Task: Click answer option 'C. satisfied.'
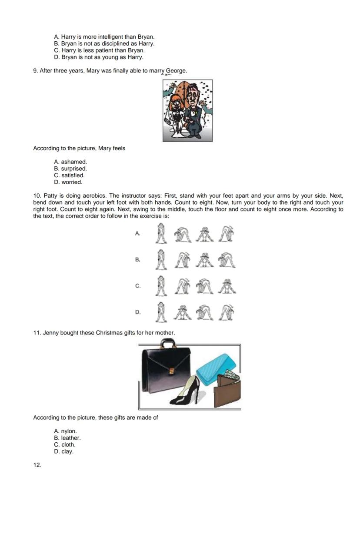[69, 176]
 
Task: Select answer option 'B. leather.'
[67, 438]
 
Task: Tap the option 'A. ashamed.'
[70, 162]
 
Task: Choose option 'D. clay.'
[63, 451]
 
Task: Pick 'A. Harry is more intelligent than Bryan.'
[104, 37]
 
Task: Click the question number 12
[37, 465]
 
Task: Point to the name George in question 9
[176, 70]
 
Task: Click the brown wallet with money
[227, 389]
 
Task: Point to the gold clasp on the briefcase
[172, 371]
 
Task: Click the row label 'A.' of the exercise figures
[137, 233]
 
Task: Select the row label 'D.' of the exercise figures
[137, 312]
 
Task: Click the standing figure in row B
[161, 259]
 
